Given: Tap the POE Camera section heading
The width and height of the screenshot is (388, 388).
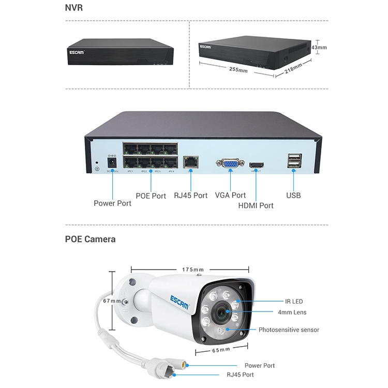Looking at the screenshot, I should point(91,239).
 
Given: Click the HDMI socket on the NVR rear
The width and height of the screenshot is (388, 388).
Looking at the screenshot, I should point(257,166).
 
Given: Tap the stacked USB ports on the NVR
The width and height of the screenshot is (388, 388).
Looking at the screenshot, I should point(293,161).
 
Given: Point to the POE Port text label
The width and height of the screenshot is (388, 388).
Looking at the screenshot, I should point(151,196).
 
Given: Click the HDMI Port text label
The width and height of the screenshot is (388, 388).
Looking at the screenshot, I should point(256,205).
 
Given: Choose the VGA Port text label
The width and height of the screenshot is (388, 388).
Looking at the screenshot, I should point(231,195).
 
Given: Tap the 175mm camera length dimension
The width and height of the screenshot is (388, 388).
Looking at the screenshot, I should point(193,270).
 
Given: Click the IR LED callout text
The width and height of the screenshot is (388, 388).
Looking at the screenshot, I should point(294,301).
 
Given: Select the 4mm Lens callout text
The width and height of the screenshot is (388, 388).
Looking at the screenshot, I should point(292,312).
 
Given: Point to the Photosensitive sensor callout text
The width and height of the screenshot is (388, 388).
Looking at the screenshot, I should point(289,330).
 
